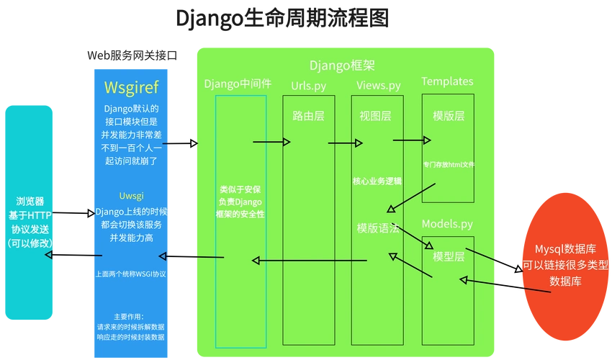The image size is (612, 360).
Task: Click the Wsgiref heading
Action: pyautogui.click(x=131, y=87)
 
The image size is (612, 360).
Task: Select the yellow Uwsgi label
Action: pyautogui.click(x=131, y=196)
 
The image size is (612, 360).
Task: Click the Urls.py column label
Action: pyautogui.click(x=308, y=86)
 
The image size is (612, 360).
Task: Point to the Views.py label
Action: pyautogui.click(x=379, y=86)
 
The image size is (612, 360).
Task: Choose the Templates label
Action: pyautogui.click(x=447, y=81)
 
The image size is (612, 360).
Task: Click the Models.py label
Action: pyautogui.click(x=447, y=224)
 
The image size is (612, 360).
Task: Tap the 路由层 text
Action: pyautogui.click(x=308, y=116)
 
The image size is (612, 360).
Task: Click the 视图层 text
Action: pyautogui.click(x=375, y=116)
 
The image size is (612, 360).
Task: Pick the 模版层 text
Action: pyautogui.click(x=449, y=116)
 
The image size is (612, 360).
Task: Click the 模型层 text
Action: pyautogui.click(x=448, y=256)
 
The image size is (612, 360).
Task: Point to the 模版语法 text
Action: pyautogui.click(x=378, y=228)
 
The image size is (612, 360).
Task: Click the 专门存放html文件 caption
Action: pyautogui.click(x=449, y=165)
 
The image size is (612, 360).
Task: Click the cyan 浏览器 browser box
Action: pyautogui.click(x=29, y=212)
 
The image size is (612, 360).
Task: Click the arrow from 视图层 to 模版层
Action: pyautogui.click(x=412, y=140)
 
